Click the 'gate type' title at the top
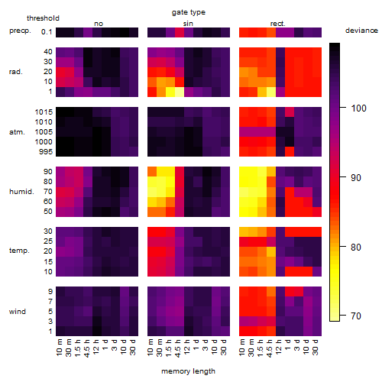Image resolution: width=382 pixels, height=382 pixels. [x=189, y=12]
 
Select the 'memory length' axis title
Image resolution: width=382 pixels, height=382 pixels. [x=188, y=371]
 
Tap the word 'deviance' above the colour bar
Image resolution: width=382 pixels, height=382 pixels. [x=361, y=31]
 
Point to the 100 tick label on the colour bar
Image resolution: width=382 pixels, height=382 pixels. [x=358, y=108]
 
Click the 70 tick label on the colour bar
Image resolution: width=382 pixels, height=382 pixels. [x=356, y=316]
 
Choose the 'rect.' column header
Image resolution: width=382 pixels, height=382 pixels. [x=278, y=24]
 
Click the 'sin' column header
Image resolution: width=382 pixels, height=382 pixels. [x=188, y=24]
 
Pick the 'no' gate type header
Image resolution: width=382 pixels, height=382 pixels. [x=99, y=24]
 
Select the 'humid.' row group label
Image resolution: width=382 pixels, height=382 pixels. [x=21, y=192]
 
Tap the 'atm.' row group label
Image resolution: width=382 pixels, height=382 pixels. [x=17, y=132]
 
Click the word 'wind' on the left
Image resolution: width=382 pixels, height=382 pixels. [x=18, y=312]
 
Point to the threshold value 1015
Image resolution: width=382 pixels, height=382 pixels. [x=44, y=112]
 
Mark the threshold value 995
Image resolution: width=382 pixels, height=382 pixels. [x=46, y=152]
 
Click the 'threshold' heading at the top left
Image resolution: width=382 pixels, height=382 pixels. [x=43, y=18]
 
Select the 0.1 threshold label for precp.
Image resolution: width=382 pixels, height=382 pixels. [x=47, y=32]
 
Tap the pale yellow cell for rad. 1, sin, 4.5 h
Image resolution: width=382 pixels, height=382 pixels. [x=180, y=92]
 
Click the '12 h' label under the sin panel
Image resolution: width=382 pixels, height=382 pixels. [x=187, y=347]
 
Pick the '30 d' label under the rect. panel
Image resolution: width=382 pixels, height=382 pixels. [x=316, y=347]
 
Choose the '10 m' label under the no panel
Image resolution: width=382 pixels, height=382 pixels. [x=60, y=348]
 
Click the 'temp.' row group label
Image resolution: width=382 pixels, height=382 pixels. [x=19, y=251]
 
